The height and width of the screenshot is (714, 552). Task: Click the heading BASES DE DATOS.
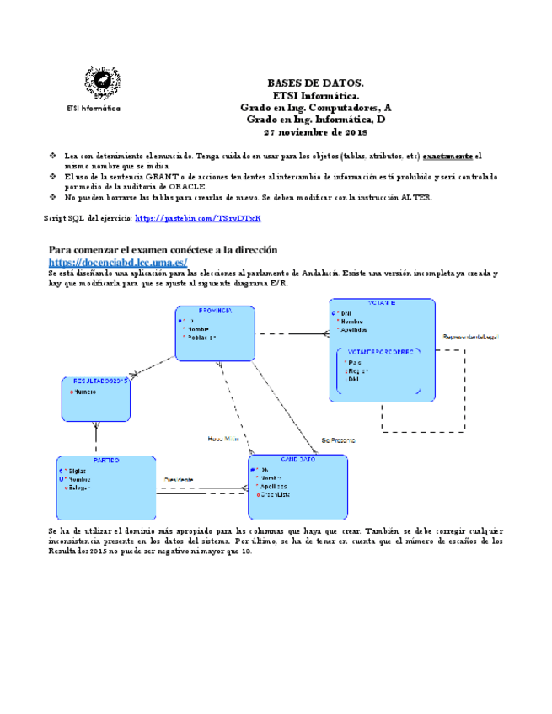tap(315, 84)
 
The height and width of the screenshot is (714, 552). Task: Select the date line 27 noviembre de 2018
tap(315, 132)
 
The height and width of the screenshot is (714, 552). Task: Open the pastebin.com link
tap(197, 218)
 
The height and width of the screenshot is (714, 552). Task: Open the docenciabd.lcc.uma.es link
tap(117, 262)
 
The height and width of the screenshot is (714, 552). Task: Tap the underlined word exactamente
tap(447, 156)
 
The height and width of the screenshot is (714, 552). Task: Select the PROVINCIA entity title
tap(215, 311)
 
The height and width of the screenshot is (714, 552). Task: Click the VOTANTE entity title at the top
tap(382, 303)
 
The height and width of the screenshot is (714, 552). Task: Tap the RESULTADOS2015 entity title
tap(95, 381)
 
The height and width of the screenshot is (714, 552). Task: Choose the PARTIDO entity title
tap(106, 461)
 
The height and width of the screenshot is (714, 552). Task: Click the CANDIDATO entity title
tap(297, 460)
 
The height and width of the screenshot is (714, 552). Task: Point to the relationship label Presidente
tap(179, 479)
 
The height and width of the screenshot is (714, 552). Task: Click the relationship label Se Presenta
tap(338, 440)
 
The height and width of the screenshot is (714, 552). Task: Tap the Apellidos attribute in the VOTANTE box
tap(354, 330)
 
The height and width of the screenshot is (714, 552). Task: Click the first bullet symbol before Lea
tap(52, 156)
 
